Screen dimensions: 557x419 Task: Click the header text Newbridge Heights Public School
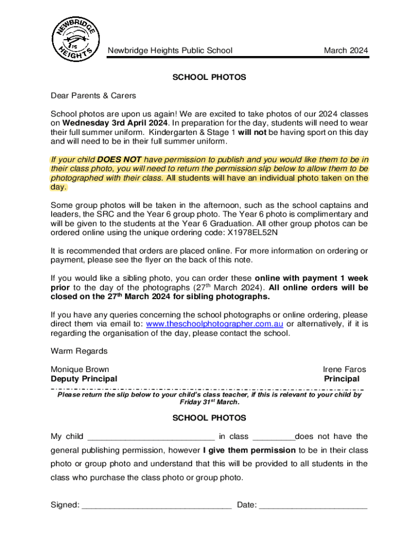tap(170, 51)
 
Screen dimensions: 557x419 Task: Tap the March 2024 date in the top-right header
tap(346, 51)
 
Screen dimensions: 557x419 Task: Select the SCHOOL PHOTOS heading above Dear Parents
tap(209, 77)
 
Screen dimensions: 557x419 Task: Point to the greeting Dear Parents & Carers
tap(93, 96)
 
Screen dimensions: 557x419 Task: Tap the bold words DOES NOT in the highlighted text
tap(119, 160)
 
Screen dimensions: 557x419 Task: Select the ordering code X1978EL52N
tap(252, 233)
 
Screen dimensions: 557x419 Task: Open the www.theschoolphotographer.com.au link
tap(215, 324)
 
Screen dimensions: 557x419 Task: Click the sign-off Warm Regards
tap(79, 351)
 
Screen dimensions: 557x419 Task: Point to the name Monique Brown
tap(79, 369)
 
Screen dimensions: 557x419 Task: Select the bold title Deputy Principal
tap(84, 379)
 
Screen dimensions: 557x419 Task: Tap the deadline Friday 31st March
tap(209, 403)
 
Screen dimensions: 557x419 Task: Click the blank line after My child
tap(151, 437)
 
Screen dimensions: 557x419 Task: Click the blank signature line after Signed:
tap(157, 505)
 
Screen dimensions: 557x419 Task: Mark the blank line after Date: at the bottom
tap(313, 505)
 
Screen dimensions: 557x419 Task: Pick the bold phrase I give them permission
tap(249, 450)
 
